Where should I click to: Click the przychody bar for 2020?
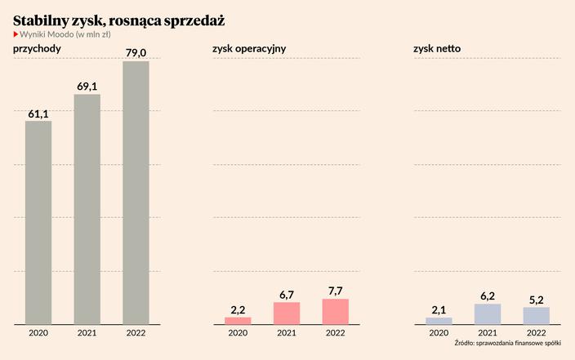[x=38, y=222]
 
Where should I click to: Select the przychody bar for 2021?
[x=87, y=209]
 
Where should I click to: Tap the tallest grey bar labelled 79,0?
[x=136, y=193]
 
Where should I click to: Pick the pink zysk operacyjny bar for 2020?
[x=238, y=320]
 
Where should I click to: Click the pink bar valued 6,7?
[x=287, y=313]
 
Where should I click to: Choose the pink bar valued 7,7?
[x=336, y=311]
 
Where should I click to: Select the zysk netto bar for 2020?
[x=439, y=320]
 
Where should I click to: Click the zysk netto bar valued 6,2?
[x=488, y=313]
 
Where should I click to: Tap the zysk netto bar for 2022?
[x=537, y=315]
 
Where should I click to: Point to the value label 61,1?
[x=38, y=114]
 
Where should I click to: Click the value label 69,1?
[x=87, y=86]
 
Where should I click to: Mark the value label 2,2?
[x=238, y=309]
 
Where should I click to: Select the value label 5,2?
[x=537, y=300]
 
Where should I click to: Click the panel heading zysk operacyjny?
[x=249, y=49]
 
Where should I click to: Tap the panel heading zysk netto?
[x=437, y=49]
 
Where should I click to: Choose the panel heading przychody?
[x=38, y=49]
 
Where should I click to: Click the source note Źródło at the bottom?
[x=507, y=344]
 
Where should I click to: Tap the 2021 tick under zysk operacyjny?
[x=287, y=332]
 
